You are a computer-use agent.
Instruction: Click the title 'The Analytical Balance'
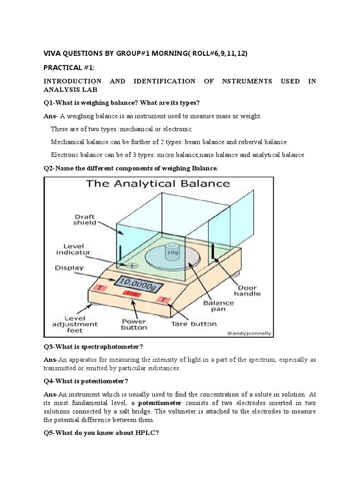pyautogui.click(x=158, y=183)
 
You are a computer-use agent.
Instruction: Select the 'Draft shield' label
pyautogui.click(x=85, y=219)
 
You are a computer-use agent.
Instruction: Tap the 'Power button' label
pyautogui.click(x=134, y=324)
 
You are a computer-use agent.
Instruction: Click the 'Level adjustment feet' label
pyautogui.click(x=75, y=324)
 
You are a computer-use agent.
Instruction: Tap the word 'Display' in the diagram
pyautogui.click(x=69, y=268)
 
